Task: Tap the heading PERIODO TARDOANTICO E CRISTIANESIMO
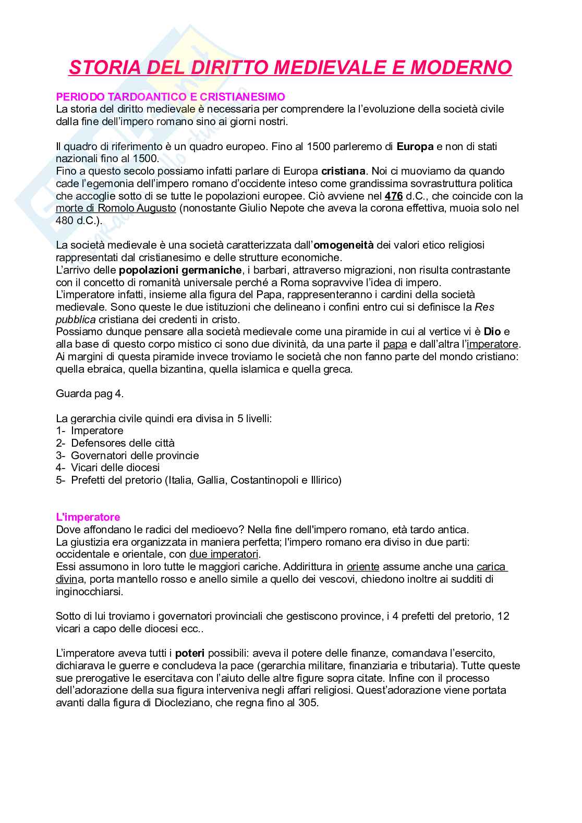pos(171,97)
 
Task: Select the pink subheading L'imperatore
pos(88,517)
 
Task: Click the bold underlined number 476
pos(394,196)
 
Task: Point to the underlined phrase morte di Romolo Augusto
pos(116,208)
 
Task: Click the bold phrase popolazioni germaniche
pos(180,270)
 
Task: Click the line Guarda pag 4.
pos(90,394)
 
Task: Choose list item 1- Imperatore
pos(90,431)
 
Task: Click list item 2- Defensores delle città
pos(115,443)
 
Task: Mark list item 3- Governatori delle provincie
pos(127,456)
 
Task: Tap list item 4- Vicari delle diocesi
pos(108,468)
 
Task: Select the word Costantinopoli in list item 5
pos(264,480)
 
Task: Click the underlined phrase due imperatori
pos(224,554)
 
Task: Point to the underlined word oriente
pos(363,567)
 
